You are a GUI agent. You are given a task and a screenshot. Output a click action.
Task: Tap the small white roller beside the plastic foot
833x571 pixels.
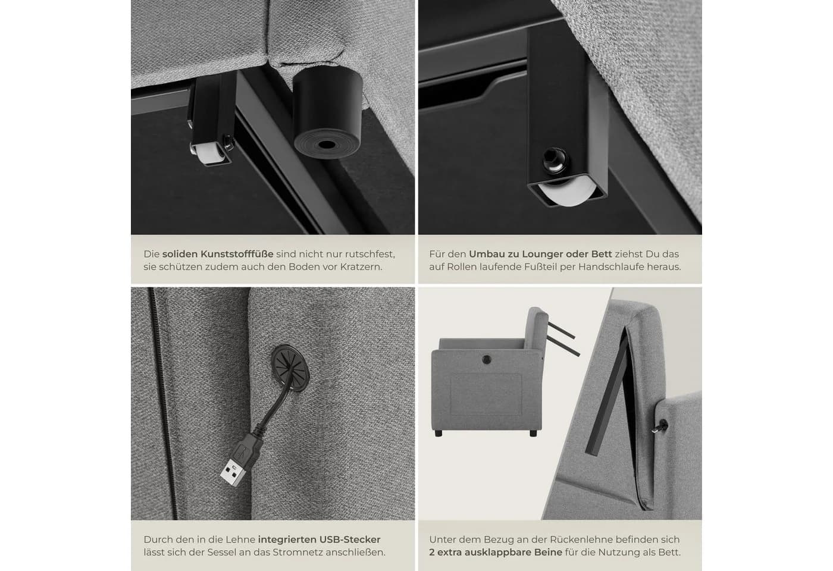point(209,154)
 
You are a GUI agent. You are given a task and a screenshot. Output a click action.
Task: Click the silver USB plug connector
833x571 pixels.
point(233,473)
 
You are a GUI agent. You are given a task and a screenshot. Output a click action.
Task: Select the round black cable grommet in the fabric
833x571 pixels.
point(290,368)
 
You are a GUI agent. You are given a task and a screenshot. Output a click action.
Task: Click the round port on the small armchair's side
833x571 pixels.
point(487,359)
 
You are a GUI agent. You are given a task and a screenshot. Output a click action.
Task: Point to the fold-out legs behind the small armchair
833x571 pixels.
point(563,339)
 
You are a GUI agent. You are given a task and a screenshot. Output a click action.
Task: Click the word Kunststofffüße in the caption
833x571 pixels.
point(237,255)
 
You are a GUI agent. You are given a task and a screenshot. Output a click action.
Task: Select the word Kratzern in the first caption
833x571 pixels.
point(361,267)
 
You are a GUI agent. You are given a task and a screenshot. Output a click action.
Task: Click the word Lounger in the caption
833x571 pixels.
point(542,255)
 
